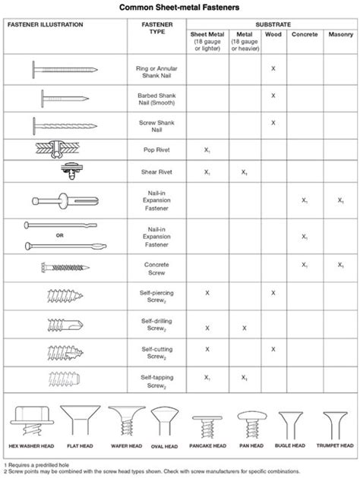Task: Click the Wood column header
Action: pyautogui.click(x=273, y=35)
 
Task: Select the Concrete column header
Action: pyautogui.click(x=305, y=35)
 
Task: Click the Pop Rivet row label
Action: pyautogui.click(x=154, y=150)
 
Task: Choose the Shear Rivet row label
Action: pyautogui.click(x=154, y=171)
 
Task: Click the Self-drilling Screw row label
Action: pyautogui.click(x=154, y=328)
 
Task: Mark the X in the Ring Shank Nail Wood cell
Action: pyautogui.click(x=273, y=69)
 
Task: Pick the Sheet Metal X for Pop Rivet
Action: pyautogui.click(x=207, y=150)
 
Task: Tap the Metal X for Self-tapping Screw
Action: pyautogui.click(x=244, y=376)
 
